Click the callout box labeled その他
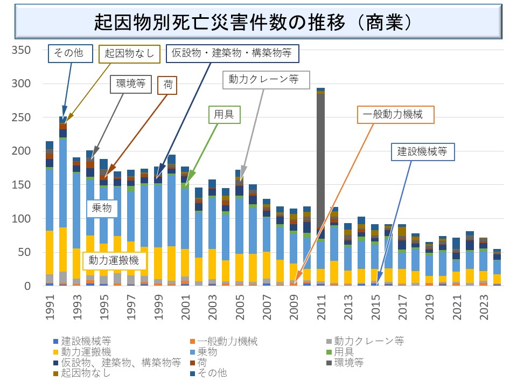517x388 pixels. [x=66, y=53]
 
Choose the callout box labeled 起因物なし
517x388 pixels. [x=129, y=53]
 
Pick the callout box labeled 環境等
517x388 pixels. [x=131, y=84]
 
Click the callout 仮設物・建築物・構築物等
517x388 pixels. [x=232, y=53]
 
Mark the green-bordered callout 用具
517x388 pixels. [x=224, y=115]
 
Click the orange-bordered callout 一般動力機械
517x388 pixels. [x=396, y=115]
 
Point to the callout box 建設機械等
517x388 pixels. [x=423, y=152]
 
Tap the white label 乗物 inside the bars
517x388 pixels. [x=102, y=208]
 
